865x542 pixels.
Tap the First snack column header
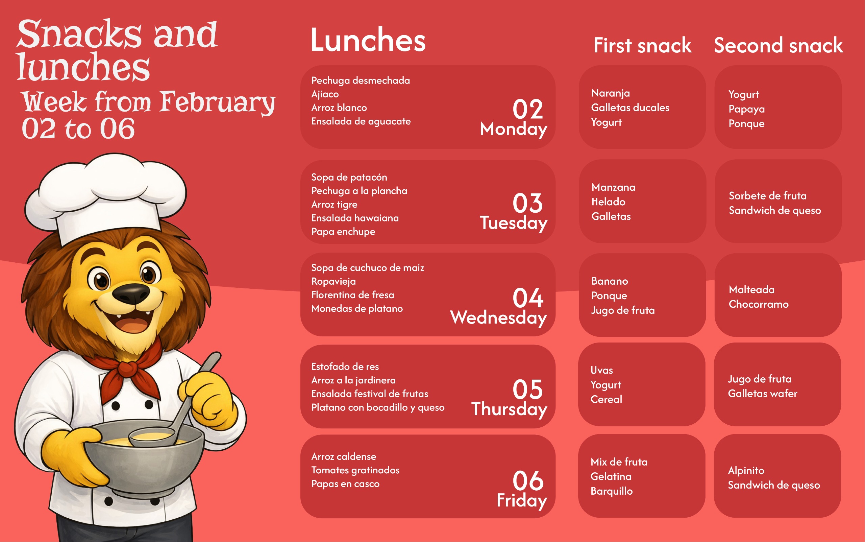[643, 45]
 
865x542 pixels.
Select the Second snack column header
[778, 45]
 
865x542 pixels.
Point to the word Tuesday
[513, 223]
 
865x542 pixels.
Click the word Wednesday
[499, 317]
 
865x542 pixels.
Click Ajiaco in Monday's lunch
[325, 94]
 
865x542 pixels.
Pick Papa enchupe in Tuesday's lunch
[343, 232]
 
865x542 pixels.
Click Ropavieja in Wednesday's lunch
[333, 281]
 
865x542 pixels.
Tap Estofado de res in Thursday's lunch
[345, 367]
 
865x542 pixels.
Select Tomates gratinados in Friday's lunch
[355, 470]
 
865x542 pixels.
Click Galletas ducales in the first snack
[630, 108]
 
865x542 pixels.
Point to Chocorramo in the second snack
[759, 304]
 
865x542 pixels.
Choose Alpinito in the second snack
[746, 471]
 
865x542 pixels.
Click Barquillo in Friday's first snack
[611, 491]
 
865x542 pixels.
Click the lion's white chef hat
[106, 197]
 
